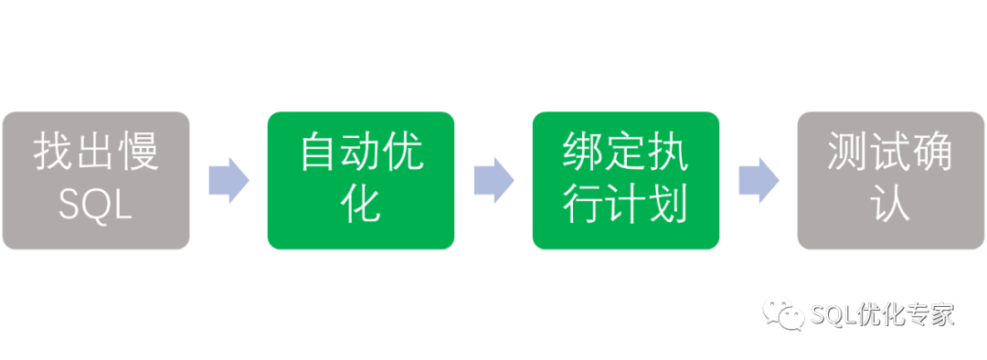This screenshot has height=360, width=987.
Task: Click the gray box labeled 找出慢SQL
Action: (96, 180)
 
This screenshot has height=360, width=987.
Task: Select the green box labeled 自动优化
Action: (361, 180)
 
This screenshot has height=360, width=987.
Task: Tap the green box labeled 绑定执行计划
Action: (625, 180)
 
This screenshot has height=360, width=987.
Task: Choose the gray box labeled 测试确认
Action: (889, 180)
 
